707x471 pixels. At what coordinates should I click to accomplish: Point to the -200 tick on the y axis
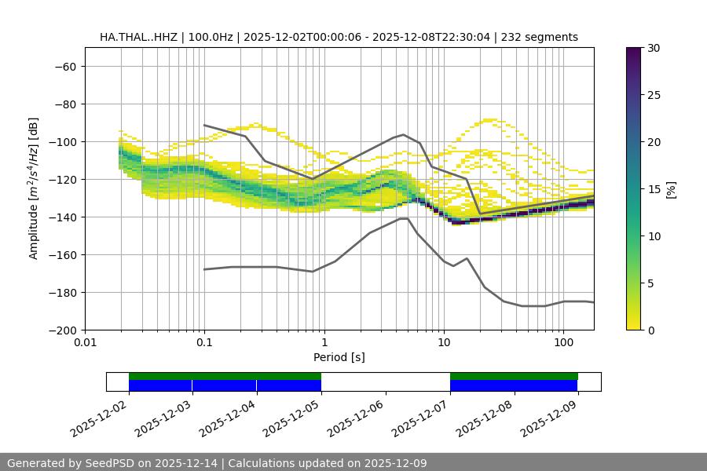point(63,330)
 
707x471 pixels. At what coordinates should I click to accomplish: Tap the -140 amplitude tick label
point(63,217)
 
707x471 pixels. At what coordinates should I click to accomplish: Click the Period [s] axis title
point(339,357)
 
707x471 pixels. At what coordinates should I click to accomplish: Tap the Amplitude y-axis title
point(34,188)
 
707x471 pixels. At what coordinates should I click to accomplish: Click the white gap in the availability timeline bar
point(385,382)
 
